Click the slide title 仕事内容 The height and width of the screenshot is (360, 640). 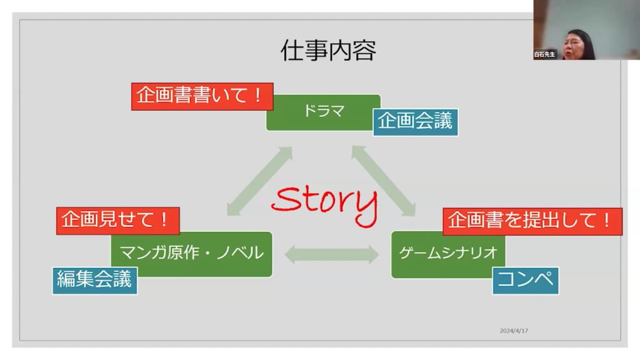328,51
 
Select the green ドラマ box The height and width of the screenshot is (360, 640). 323,112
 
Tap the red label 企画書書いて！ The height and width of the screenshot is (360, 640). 202,96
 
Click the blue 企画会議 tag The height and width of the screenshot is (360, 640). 415,122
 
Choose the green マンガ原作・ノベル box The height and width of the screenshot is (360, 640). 191,254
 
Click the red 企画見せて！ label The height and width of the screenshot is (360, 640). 118,221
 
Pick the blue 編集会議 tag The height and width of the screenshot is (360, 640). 95,281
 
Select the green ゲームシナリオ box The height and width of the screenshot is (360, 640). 447,254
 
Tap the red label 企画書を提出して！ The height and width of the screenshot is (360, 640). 532,221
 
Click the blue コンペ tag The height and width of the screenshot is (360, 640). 525,281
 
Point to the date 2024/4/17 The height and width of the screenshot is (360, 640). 514,331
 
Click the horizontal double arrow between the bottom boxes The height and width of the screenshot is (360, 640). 331,255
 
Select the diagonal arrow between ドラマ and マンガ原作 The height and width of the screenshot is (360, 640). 259,181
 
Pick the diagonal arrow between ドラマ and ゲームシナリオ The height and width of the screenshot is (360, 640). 384,181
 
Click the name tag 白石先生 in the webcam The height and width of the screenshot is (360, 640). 544,54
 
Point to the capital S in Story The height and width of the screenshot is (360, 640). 286,200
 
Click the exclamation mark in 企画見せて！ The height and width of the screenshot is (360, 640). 164,219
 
